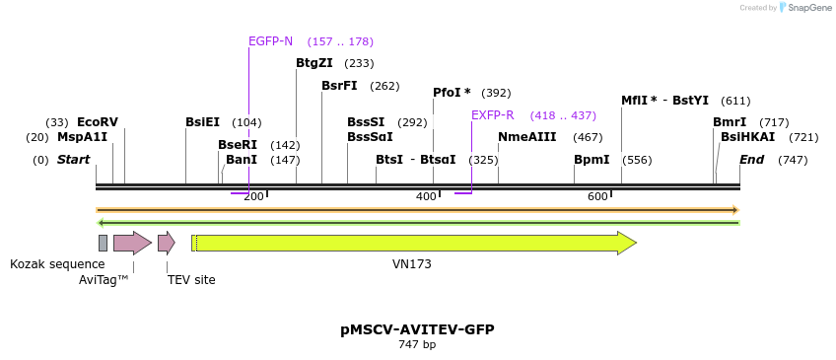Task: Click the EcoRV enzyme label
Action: pyautogui.click(x=97, y=122)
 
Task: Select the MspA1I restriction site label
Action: pyautogui.click(x=82, y=137)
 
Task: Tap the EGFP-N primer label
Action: pyautogui.click(x=270, y=41)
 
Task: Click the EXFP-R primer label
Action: pyautogui.click(x=492, y=115)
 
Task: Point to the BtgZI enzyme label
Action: pyautogui.click(x=314, y=63)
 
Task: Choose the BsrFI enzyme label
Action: pyautogui.click(x=339, y=86)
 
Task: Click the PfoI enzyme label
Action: pyautogui.click(x=452, y=93)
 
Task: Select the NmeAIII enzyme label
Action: pyautogui.click(x=527, y=137)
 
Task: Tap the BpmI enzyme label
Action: pyautogui.click(x=592, y=160)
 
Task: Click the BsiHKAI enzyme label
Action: pyautogui.click(x=747, y=137)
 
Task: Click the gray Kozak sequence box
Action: pyautogui.click(x=103, y=243)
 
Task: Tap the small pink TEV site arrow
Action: pyautogui.click(x=166, y=243)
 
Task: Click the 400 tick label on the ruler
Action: pyautogui.click(x=426, y=197)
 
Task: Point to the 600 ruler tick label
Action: pyautogui.click(x=597, y=197)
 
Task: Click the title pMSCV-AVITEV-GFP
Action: pyautogui.click(x=417, y=329)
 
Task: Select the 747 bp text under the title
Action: pyautogui.click(x=417, y=345)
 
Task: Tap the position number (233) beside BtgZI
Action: pyautogui.click(x=359, y=63)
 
